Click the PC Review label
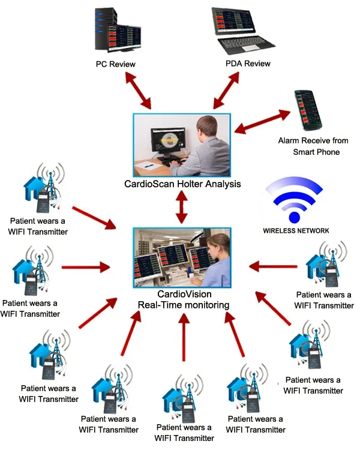[x=115, y=64]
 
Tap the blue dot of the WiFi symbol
[x=295, y=217]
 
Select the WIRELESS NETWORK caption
[x=295, y=230]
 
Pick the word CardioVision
[x=182, y=295]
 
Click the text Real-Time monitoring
[x=183, y=305]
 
